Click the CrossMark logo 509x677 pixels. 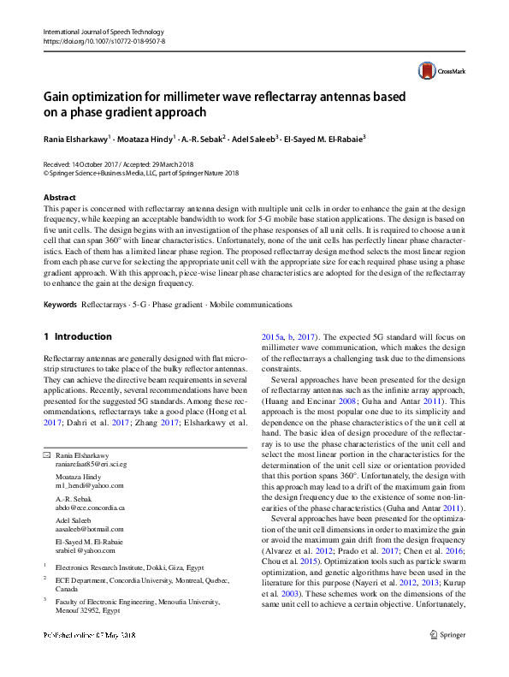click(x=438, y=71)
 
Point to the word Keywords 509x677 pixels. click(x=60, y=305)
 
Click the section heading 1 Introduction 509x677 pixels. click(x=77, y=336)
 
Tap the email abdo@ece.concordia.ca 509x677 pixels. click(x=90, y=508)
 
